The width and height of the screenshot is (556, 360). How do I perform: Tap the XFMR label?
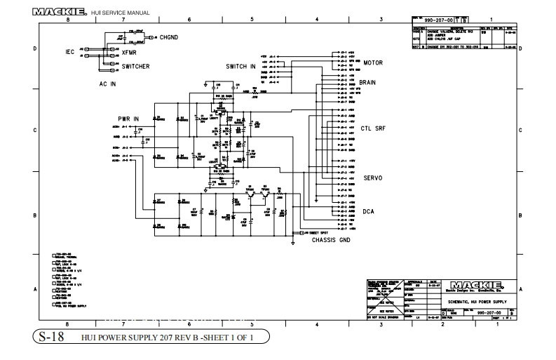click(x=130, y=52)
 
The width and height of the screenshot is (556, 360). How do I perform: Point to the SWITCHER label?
click(x=135, y=67)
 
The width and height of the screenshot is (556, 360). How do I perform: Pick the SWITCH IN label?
click(x=240, y=67)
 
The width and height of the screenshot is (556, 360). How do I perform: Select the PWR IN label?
click(x=128, y=119)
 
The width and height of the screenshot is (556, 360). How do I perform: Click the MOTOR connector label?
click(x=372, y=62)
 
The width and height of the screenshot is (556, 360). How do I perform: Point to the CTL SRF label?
click(x=373, y=128)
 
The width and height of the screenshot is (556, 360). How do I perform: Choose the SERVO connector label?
click(x=372, y=178)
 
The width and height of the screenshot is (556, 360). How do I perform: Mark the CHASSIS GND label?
click(x=331, y=240)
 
